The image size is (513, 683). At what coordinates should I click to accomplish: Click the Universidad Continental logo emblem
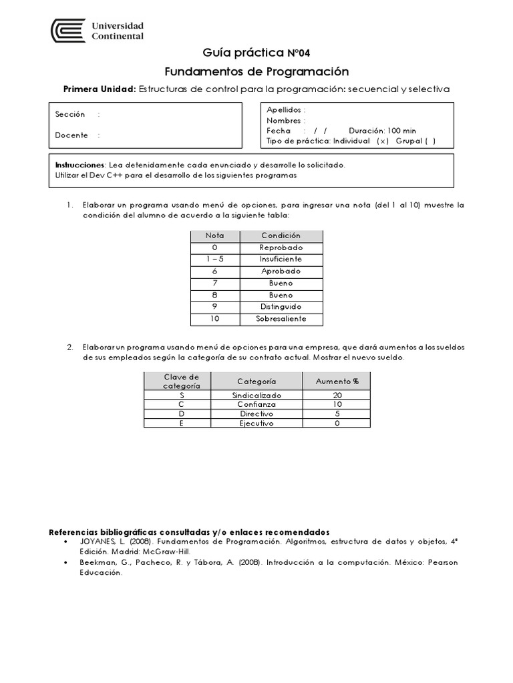pyautogui.click(x=69, y=31)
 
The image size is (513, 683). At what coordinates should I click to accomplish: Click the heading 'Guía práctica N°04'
pyautogui.click(x=256, y=53)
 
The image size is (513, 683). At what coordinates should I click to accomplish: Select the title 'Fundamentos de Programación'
pyautogui.click(x=256, y=71)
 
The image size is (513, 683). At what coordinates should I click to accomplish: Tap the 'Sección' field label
pyautogui.click(x=70, y=115)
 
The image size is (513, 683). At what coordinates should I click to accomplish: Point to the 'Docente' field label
pyautogui.click(x=71, y=135)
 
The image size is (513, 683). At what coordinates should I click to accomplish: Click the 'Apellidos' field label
pyautogui.click(x=285, y=110)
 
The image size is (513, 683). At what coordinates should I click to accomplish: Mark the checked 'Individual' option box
pyautogui.click(x=382, y=141)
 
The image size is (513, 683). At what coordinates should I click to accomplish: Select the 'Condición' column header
pyautogui.click(x=281, y=235)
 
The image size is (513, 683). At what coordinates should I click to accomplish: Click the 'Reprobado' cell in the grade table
pyautogui.click(x=281, y=247)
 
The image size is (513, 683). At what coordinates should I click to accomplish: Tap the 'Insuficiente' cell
pyautogui.click(x=281, y=259)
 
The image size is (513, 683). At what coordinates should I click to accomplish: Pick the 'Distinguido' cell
pyautogui.click(x=281, y=307)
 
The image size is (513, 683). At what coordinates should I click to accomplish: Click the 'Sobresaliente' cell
pyautogui.click(x=281, y=319)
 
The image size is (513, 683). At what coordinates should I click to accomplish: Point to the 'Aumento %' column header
pyautogui.click(x=337, y=382)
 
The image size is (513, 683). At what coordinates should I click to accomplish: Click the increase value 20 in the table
pyautogui.click(x=337, y=396)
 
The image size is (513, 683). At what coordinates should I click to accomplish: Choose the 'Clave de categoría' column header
pyautogui.click(x=181, y=382)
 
